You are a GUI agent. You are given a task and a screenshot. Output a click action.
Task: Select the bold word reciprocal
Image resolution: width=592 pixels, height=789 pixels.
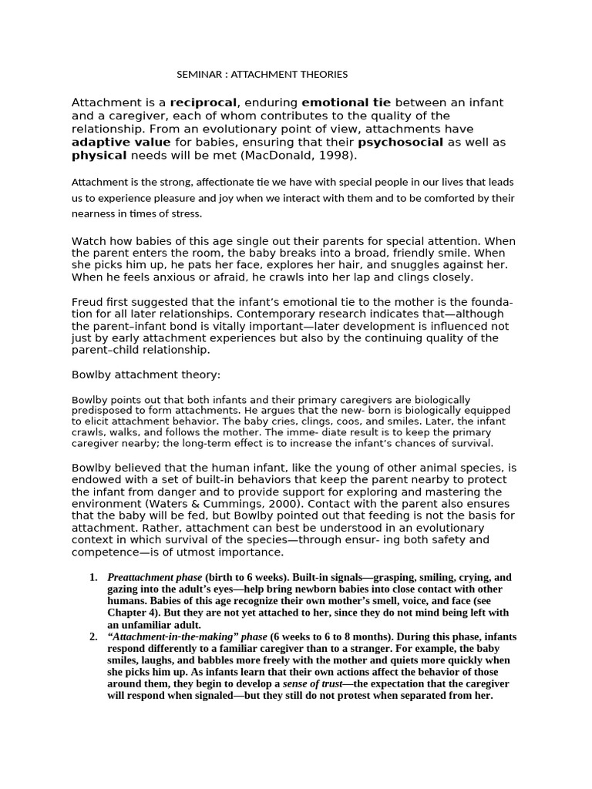pyautogui.click(x=204, y=102)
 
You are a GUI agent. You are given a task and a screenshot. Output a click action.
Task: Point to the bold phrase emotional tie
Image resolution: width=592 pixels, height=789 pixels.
pyautogui.click(x=346, y=102)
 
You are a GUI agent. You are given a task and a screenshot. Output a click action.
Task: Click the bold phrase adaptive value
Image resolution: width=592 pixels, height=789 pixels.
pyautogui.click(x=121, y=143)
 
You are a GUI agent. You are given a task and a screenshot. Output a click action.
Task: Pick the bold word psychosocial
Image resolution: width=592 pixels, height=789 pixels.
pyautogui.click(x=400, y=143)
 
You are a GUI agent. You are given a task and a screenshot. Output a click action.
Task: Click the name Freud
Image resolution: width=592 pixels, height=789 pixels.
pyautogui.click(x=86, y=300)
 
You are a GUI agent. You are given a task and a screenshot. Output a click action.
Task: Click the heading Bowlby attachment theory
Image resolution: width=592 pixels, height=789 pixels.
pyautogui.click(x=146, y=374)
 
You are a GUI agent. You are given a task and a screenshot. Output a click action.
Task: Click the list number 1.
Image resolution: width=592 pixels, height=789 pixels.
pyautogui.click(x=92, y=577)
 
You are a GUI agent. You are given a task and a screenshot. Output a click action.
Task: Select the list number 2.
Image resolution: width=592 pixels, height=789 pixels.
pyautogui.click(x=92, y=637)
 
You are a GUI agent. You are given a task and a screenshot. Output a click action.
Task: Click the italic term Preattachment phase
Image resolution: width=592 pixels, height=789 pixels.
pyautogui.click(x=154, y=577)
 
